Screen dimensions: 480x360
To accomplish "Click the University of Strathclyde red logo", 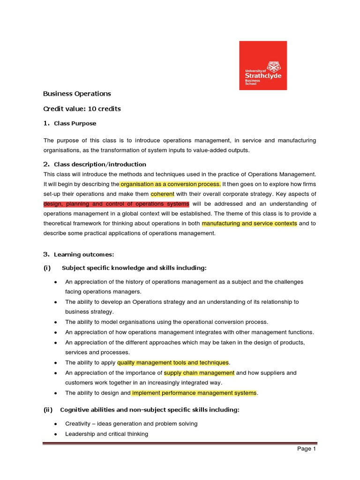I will click(263, 65).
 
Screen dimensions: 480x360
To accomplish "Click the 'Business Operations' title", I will click(77, 93).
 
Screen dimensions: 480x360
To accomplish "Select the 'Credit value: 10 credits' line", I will click(82, 109).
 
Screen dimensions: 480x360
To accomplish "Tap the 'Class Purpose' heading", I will click(75, 124).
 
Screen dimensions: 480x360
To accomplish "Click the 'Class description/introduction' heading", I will click(100, 165).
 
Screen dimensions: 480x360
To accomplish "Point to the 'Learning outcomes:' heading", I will click(84, 255).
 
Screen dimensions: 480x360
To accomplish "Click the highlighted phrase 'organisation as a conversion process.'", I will click(170, 184).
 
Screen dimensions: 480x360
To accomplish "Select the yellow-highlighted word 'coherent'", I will click(162, 194).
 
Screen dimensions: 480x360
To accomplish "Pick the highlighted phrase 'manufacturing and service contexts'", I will click(249, 224).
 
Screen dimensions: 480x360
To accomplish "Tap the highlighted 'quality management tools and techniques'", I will click(173, 362).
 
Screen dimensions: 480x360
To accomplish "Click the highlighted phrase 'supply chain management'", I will click(199, 373).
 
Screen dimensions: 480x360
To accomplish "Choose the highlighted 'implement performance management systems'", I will click(194, 393).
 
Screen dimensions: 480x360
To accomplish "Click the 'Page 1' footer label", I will click(307, 449).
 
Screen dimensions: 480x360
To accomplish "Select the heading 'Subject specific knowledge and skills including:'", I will click(134, 268).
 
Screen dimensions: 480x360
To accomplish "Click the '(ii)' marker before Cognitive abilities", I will click(48, 410).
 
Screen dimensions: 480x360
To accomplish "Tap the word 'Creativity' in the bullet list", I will click(79, 424).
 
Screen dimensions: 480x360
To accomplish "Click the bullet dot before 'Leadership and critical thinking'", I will click(56, 434).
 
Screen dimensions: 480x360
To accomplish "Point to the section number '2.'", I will click(46, 164).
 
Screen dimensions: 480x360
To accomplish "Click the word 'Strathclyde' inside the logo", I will click(263, 75).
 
